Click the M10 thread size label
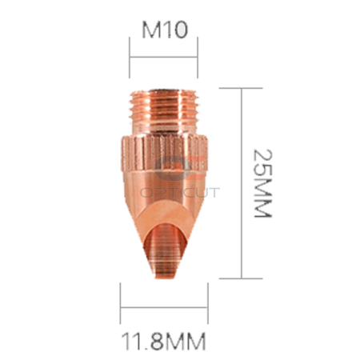164,31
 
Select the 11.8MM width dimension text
164,342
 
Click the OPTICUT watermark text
180,193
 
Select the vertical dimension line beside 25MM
241,183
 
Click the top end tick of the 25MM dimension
241,89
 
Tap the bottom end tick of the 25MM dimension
241,278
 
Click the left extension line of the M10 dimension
130,58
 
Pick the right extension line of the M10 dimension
198,58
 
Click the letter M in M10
151,31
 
